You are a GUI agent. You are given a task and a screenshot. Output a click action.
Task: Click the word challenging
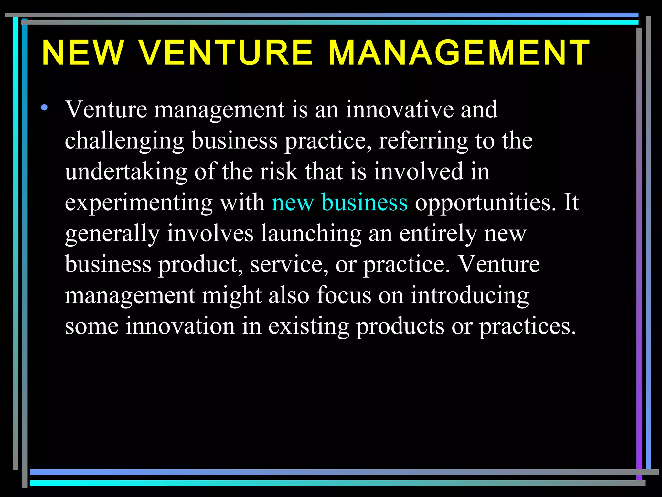124,141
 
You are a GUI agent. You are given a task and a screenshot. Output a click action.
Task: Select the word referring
423,141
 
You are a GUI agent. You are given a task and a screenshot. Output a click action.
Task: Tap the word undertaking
126,172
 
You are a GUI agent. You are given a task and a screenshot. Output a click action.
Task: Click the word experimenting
139,203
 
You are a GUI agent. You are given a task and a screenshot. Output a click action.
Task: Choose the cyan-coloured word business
364,202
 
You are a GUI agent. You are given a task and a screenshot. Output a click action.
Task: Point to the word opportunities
486,203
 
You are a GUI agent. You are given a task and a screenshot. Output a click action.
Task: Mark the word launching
311,234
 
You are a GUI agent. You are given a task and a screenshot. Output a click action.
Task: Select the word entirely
438,234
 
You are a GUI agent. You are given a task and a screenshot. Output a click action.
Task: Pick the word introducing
470,296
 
